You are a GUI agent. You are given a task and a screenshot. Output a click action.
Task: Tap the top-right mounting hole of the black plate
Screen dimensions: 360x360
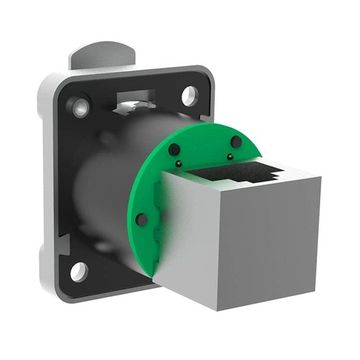coord(189,95)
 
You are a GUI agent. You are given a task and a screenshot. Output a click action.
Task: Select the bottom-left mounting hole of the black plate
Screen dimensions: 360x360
coord(78,270)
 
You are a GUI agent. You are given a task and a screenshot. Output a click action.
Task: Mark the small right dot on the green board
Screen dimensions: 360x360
coord(231,156)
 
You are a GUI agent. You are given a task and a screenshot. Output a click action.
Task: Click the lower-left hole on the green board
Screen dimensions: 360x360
coord(142,219)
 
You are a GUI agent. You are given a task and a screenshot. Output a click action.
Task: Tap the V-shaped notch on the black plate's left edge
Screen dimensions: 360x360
coord(62,241)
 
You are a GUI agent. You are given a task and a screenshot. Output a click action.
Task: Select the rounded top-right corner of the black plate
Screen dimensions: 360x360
coord(206,78)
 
